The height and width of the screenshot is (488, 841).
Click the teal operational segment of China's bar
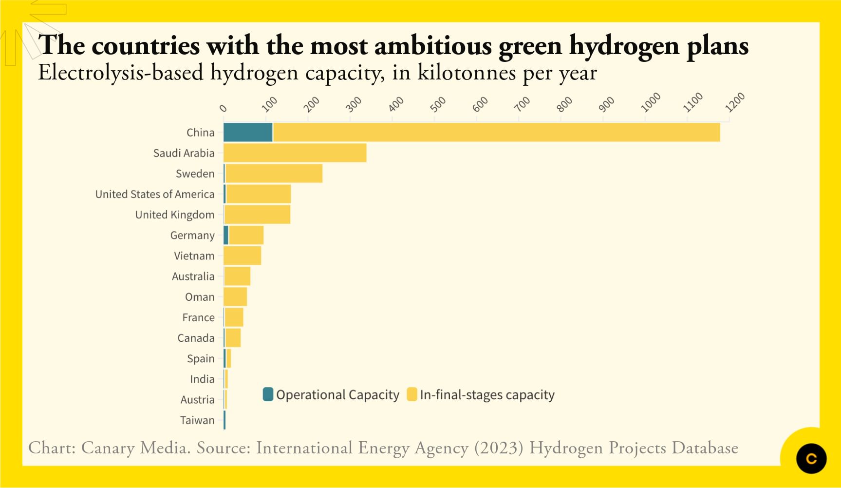tap(248, 132)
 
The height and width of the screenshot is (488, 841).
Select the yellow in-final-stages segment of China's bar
tap(496, 132)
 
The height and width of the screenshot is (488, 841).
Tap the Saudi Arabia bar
tap(295, 153)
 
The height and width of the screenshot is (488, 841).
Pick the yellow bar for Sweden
tap(274, 174)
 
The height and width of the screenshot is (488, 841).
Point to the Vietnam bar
tap(242, 256)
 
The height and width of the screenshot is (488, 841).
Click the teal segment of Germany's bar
tap(226, 235)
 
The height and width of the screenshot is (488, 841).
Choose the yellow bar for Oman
tap(235, 297)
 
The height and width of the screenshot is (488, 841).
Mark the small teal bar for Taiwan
tap(224, 420)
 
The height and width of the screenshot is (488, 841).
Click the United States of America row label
tap(155, 194)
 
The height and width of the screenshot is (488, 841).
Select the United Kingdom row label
tap(175, 215)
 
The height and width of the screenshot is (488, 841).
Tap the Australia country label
tap(193, 276)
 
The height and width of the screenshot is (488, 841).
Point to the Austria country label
tap(197, 400)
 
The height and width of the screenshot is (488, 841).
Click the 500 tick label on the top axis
tap(438, 104)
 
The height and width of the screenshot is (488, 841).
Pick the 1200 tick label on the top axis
tap(735, 102)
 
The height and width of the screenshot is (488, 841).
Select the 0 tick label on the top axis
tap(224, 108)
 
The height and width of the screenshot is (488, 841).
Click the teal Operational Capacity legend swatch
tap(268, 394)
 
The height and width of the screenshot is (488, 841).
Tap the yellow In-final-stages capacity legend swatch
tap(412, 394)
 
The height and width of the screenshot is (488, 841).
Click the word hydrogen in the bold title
tap(624, 46)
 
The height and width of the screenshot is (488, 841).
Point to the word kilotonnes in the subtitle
tap(467, 73)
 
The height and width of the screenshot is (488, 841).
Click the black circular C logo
tap(811, 458)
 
